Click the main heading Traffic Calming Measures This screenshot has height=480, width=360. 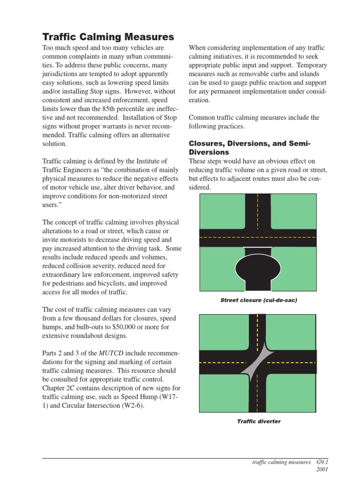[108, 37]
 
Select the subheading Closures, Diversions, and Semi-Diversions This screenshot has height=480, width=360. [249, 147]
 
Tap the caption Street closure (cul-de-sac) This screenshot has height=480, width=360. [258, 300]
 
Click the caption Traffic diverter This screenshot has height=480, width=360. [258, 421]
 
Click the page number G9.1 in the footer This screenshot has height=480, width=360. [322, 462]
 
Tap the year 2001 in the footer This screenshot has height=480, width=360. [322, 469]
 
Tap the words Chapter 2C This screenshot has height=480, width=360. [60, 388]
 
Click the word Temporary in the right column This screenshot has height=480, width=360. [311, 66]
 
